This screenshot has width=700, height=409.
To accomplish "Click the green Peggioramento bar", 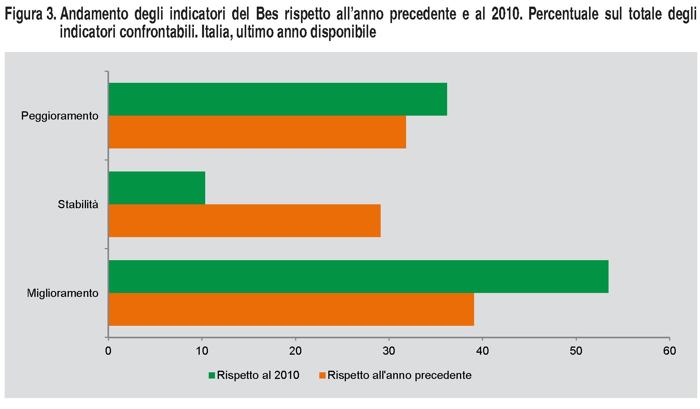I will point(277,99).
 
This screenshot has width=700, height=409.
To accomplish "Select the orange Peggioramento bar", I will point(257,132).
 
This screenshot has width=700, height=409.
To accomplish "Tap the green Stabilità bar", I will point(157,188).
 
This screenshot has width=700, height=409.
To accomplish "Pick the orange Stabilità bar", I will point(244,221).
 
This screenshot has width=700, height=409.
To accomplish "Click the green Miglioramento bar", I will point(358,277).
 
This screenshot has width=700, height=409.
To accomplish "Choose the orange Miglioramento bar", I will point(291,309).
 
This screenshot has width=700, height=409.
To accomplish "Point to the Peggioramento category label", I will point(60,116).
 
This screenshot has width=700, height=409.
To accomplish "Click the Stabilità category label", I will point(78,204).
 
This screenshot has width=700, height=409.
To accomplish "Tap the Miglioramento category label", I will point(63,293).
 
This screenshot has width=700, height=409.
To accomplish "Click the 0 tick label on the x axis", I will point(108,351).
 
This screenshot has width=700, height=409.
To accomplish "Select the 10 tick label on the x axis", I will point(202,351).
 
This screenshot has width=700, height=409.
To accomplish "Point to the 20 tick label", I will point(295,351).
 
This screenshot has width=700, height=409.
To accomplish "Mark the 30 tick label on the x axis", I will point(389,351).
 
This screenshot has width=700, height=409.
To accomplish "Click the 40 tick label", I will point(482,351).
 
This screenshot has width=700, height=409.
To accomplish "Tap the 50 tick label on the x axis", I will point(576,351).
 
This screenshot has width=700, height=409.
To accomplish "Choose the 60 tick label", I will point(670,351).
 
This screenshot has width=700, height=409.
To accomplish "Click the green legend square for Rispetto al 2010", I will point(212,375).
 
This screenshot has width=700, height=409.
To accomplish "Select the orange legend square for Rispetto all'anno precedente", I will point(322,375).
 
